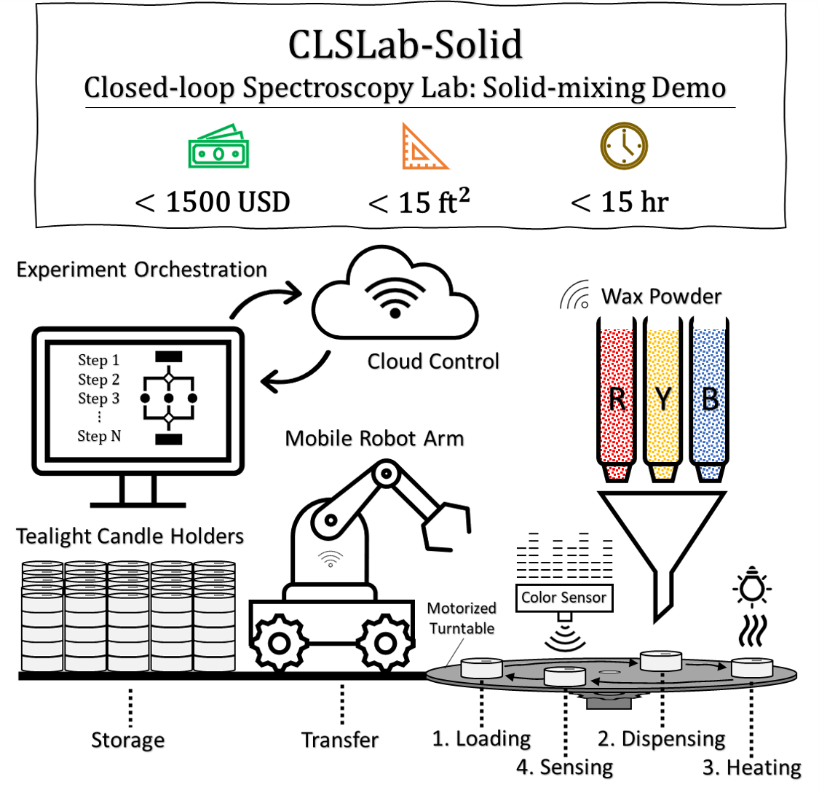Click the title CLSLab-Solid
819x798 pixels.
pos(405,45)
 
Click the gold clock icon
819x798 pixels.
pos(624,146)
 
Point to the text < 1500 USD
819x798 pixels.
pos(213,203)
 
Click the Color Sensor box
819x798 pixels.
pos(563,598)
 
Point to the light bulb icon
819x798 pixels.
pos(751,588)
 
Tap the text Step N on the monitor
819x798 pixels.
pos(99,436)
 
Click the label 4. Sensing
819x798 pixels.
pos(565,767)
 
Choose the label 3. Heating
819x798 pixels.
pos(751,767)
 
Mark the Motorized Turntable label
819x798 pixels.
pos(462,618)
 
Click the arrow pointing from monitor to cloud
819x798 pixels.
pos(265,299)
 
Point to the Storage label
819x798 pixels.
pos(128,740)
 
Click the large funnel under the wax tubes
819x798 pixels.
pos(661,539)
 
